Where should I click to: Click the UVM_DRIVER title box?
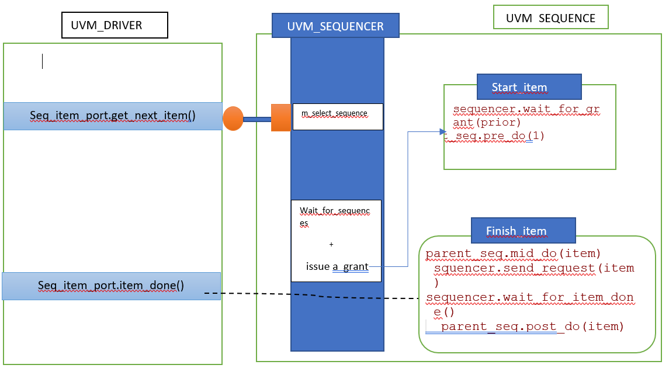coord(115,26)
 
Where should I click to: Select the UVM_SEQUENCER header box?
coord(335,26)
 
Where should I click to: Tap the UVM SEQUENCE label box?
coord(550,18)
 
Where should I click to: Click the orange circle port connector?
coord(233,119)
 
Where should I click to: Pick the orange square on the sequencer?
coord(281,118)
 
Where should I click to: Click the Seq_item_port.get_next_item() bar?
coord(113,116)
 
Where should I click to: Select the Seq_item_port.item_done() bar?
coord(111,286)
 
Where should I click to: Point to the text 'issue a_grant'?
coord(337,266)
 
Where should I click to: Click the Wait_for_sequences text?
coord(335,211)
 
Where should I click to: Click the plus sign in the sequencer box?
coord(331,244)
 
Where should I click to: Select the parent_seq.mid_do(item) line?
coord(513,254)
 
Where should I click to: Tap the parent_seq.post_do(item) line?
coord(532,327)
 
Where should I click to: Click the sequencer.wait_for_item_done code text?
coord(529,297)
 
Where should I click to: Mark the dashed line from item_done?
coord(316,296)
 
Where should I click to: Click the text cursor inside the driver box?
coord(42,61)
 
